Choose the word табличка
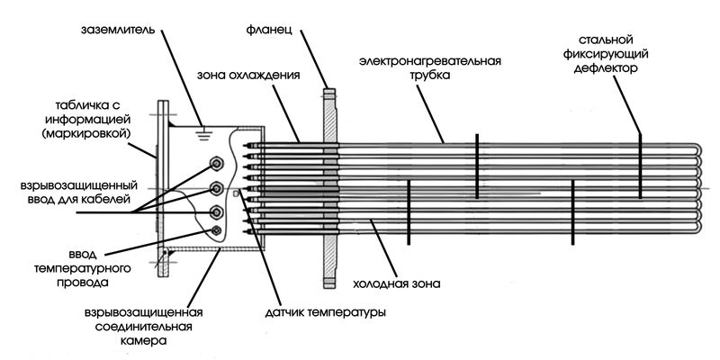pyautogui.click(x=73, y=103)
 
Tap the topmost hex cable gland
pyautogui.click(x=217, y=164)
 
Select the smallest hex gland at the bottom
pyautogui.click(x=217, y=231)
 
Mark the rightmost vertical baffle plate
pyautogui.click(x=639, y=163)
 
